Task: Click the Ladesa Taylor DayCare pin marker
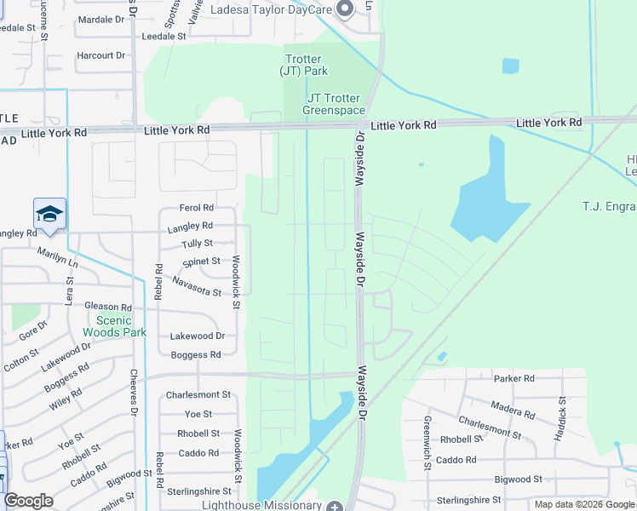345,9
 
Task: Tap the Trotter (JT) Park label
304,65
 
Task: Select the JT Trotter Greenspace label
335,105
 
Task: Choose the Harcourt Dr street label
100,55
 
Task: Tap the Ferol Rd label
196,208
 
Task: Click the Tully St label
197,244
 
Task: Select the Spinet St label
201,261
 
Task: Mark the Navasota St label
196,280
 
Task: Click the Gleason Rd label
108,307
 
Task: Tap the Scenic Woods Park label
115,326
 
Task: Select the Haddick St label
562,417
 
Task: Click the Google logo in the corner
29,501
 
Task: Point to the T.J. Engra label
609,206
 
